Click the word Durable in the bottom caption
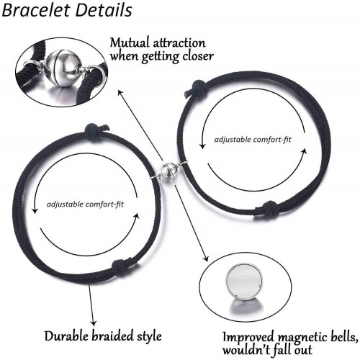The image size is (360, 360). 66,336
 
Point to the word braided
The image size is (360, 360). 112,336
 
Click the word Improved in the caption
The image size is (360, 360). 248,336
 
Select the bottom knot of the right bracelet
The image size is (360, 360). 269,210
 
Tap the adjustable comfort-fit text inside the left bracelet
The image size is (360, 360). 85,204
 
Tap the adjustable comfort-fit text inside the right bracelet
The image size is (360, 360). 253,140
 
